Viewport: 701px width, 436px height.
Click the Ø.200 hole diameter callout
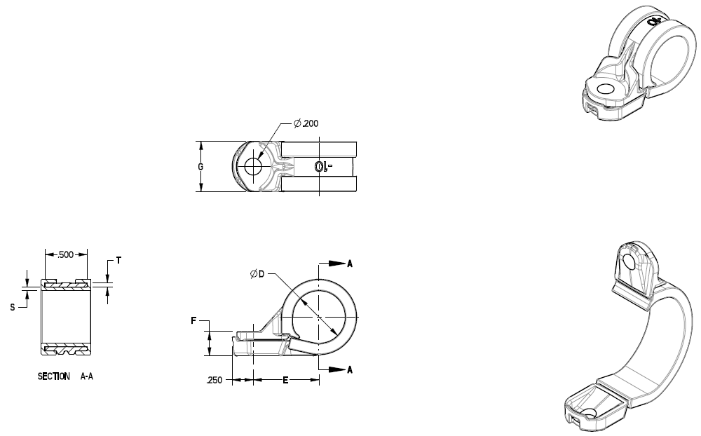click(307, 123)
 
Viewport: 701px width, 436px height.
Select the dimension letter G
click(201, 167)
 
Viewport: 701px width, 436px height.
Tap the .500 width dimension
click(66, 254)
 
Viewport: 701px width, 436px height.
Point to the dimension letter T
click(118, 260)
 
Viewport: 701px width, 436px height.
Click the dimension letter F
click(193, 321)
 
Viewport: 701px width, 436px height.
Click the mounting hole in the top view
click(252, 167)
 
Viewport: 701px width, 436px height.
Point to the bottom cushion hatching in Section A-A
click(66, 348)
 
